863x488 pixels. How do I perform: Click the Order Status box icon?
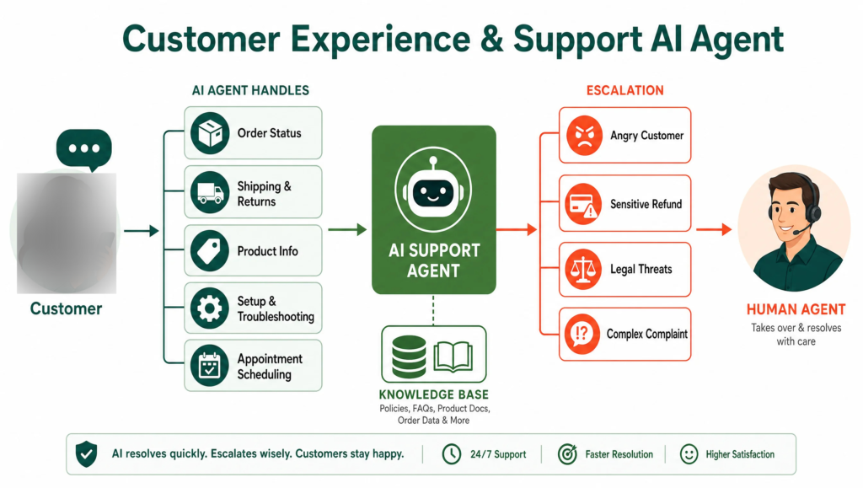(210, 133)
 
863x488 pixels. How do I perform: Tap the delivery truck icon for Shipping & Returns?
(210, 192)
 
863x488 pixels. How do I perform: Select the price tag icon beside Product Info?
(210, 251)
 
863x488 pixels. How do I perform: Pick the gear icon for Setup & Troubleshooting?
(210, 308)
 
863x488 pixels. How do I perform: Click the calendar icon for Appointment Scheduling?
(210, 366)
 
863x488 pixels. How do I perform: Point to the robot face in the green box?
(433, 190)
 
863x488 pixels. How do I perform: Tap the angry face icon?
(584, 136)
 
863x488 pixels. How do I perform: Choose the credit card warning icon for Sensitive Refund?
(583, 204)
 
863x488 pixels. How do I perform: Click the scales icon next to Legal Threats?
(583, 269)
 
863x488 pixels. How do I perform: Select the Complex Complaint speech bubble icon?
(582, 334)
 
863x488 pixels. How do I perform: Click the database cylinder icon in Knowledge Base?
(409, 357)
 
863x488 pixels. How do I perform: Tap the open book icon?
(453, 357)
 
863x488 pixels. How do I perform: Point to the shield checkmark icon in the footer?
(87, 454)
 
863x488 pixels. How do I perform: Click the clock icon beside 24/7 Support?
(452, 454)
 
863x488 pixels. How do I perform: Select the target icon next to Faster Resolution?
(567, 454)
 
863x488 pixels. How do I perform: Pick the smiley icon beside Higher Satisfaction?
(689, 454)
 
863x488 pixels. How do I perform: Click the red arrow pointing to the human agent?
(714, 229)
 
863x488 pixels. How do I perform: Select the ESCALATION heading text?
(624, 90)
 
